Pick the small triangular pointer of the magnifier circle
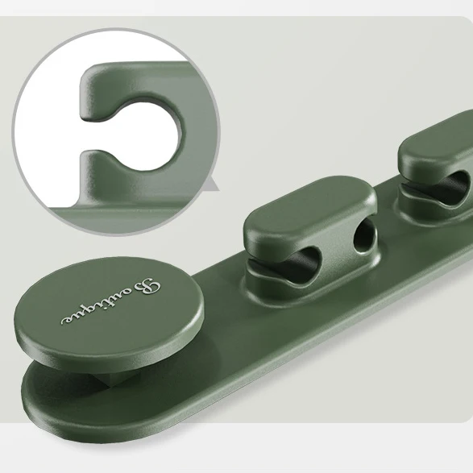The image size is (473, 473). pos(211,188)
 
